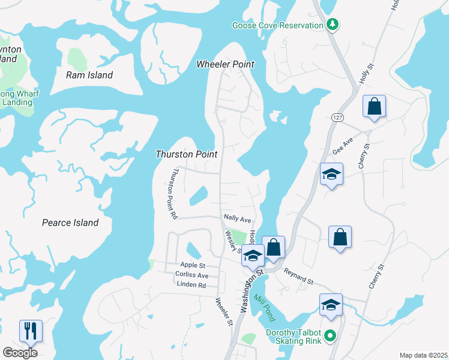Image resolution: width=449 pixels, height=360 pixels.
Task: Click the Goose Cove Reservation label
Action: [x=278, y=25]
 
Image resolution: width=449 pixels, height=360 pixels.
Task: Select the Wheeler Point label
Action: [x=225, y=64]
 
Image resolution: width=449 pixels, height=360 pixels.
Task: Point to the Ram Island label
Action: [x=89, y=75]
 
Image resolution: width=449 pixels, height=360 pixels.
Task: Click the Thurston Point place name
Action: [x=186, y=154]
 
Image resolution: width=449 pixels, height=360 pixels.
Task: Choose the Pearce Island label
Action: [x=70, y=223]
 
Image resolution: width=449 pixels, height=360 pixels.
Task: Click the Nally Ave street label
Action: [x=237, y=220]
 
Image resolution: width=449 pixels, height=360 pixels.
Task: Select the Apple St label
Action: [x=193, y=265]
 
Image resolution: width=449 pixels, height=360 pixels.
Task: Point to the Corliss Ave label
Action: [x=191, y=275]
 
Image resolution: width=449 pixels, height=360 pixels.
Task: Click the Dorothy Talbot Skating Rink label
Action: [x=295, y=338]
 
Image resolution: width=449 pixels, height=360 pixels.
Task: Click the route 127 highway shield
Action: [x=335, y=114]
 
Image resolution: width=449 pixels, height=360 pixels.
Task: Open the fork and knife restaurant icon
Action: [x=31, y=331]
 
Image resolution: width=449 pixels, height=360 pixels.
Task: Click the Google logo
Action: [x=20, y=353]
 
